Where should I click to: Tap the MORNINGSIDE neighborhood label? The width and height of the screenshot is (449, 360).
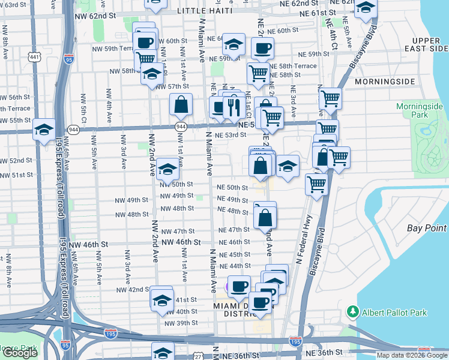click(385, 80)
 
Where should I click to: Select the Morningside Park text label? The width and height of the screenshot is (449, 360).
click(419, 110)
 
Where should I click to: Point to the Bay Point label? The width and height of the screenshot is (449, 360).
click(427, 228)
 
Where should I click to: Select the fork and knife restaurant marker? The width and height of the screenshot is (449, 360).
click(232, 107)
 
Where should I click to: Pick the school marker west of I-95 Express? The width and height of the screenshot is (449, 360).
click(44, 130)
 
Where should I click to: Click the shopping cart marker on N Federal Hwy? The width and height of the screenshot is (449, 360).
click(316, 184)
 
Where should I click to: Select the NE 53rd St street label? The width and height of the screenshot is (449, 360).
click(231, 136)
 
